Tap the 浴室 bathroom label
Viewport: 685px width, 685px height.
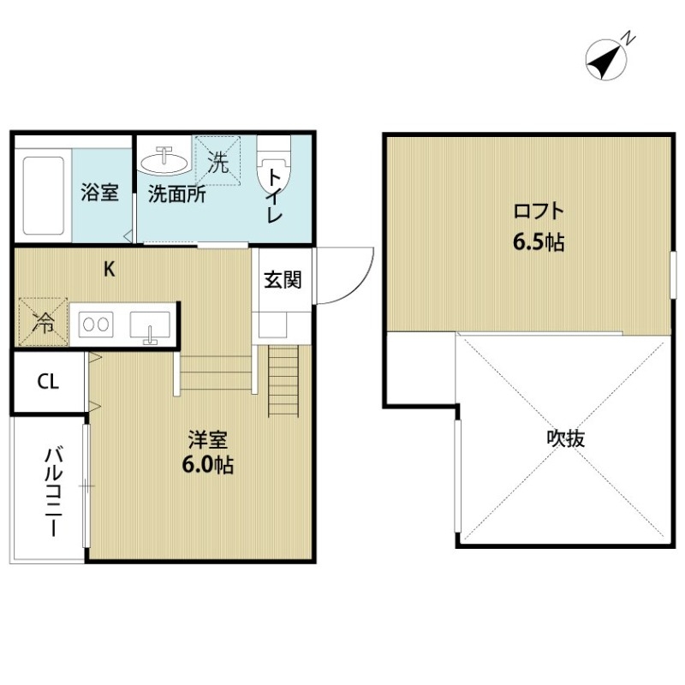(99, 193)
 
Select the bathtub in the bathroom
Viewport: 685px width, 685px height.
(42, 194)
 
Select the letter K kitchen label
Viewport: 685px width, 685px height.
(109, 269)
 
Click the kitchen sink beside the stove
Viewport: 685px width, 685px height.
(150, 326)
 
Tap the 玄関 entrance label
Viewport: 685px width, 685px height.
(281, 279)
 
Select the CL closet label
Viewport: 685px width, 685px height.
(48, 382)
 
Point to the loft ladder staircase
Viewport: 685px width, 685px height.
(282, 381)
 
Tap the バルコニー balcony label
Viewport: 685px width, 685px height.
(52, 490)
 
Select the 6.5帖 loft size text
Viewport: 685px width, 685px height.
(538, 242)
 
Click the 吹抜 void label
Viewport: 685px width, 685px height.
(566, 439)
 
